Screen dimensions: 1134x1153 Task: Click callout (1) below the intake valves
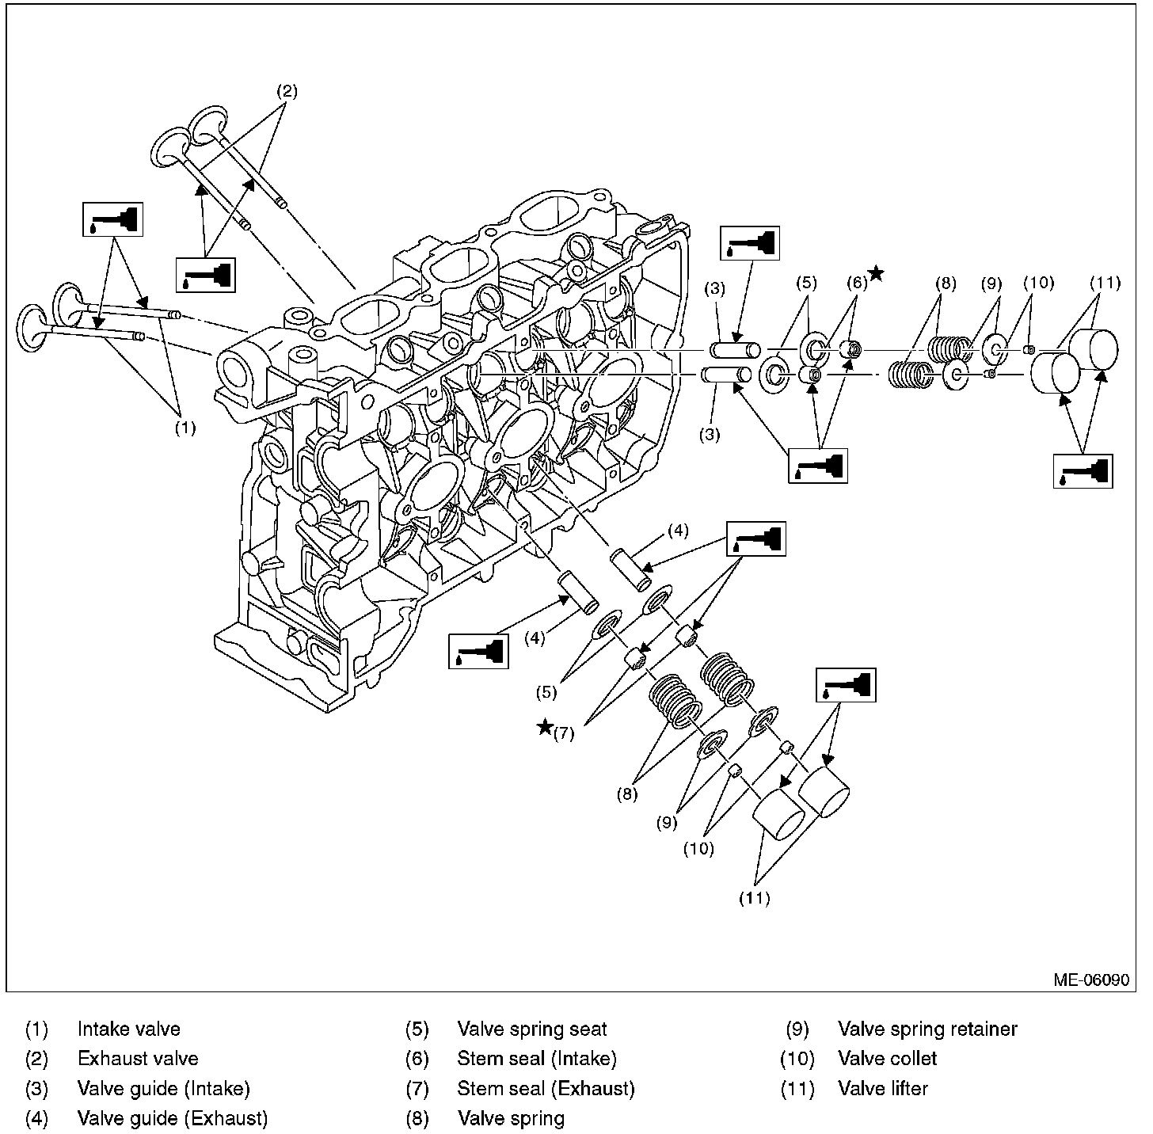(185, 428)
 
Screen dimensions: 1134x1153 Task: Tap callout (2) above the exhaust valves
(287, 91)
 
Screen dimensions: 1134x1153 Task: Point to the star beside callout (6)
(876, 274)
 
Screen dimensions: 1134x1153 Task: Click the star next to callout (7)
(545, 727)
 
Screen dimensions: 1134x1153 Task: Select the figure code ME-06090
(1090, 980)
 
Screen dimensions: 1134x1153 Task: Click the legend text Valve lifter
(882, 1088)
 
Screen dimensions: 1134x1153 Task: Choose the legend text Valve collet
(887, 1058)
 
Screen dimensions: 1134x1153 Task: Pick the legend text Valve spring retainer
(927, 1029)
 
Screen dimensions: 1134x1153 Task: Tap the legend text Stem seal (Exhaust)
(546, 1088)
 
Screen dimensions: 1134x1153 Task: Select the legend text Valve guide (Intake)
(163, 1088)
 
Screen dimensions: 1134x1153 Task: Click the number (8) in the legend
(417, 1118)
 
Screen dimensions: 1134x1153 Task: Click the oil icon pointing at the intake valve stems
(113, 219)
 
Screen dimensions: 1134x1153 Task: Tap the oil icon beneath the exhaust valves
(205, 275)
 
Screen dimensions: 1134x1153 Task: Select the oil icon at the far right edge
(1083, 471)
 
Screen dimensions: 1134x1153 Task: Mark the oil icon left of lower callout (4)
(478, 650)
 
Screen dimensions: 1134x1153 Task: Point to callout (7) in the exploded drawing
(564, 733)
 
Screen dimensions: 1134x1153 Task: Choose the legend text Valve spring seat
(531, 1029)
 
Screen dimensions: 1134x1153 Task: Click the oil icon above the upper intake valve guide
(749, 242)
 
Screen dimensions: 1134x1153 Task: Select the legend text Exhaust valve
(138, 1058)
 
